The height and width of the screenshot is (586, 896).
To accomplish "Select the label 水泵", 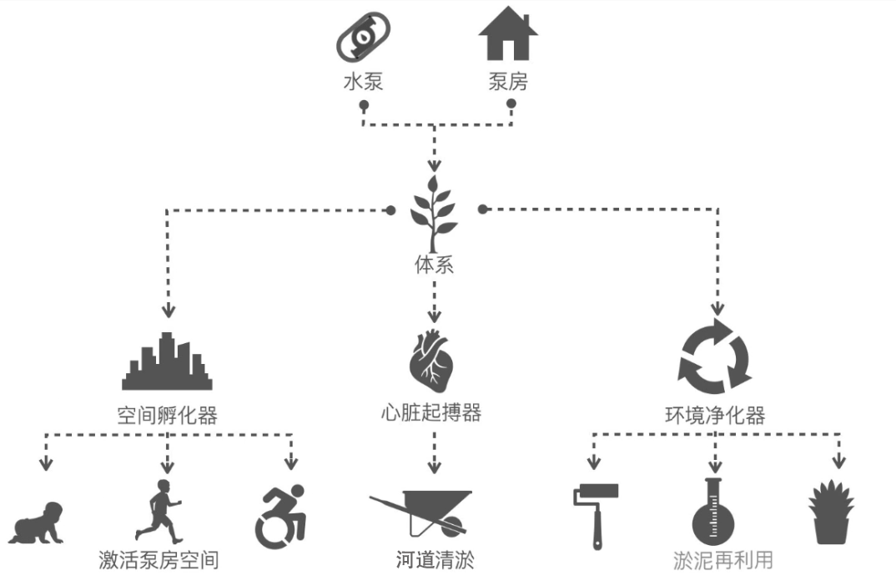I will tap(364, 82).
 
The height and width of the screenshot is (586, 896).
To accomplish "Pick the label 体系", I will tap(434, 266).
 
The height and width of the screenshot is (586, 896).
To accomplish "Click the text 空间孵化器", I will tap(167, 415).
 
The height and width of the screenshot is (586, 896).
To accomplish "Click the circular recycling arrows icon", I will tap(715, 357).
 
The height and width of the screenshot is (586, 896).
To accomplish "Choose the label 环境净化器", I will tap(715, 415).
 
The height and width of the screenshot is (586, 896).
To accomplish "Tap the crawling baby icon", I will tap(38, 523).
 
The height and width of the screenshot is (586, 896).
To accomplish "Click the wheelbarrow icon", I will tap(422, 512).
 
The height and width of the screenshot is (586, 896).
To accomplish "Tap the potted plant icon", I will tap(831, 513).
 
